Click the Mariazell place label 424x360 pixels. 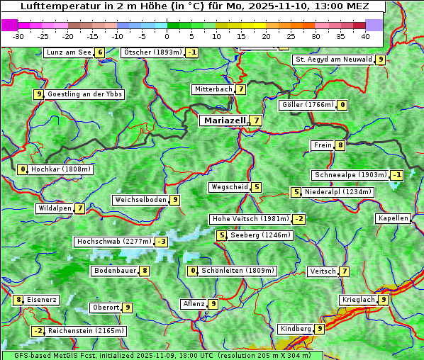click(224, 120)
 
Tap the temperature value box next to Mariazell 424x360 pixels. click(256, 120)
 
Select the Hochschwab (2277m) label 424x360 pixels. click(114, 242)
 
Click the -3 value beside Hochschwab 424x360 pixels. click(162, 242)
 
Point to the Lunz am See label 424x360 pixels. click(68, 52)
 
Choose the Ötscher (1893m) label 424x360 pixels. click(152, 52)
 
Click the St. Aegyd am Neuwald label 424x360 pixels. click(333, 60)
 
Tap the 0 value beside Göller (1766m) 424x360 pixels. click(342, 105)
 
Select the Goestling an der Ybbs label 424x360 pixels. click(84, 94)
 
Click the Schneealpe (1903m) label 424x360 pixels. click(350, 175)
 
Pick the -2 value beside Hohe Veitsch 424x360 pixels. click(299, 219)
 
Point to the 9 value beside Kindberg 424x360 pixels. click(320, 329)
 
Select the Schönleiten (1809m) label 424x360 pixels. click(238, 271)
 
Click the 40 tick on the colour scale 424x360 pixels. click(365, 35)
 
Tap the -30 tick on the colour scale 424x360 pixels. click(19, 35)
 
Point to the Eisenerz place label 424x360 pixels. click(42, 300)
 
